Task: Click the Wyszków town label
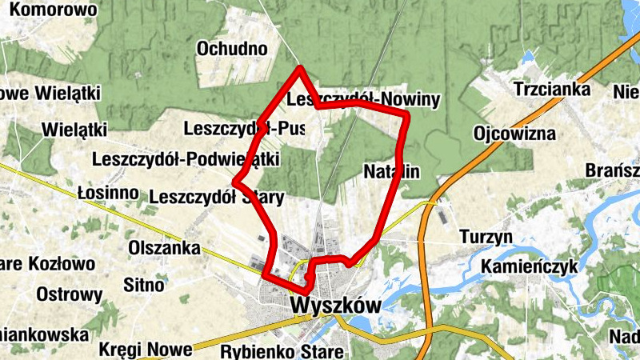(335, 306)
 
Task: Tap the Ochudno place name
(232, 49)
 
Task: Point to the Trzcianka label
(553, 89)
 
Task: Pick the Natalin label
(391, 171)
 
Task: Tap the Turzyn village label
(486, 237)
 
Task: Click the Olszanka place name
(164, 248)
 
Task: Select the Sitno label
(145, 284)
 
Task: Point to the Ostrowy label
(70, 294)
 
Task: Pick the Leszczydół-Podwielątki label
(185, 159)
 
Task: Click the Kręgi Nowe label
(146, 350)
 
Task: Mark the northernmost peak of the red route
(300, 69)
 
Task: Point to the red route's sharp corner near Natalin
(407, 117)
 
